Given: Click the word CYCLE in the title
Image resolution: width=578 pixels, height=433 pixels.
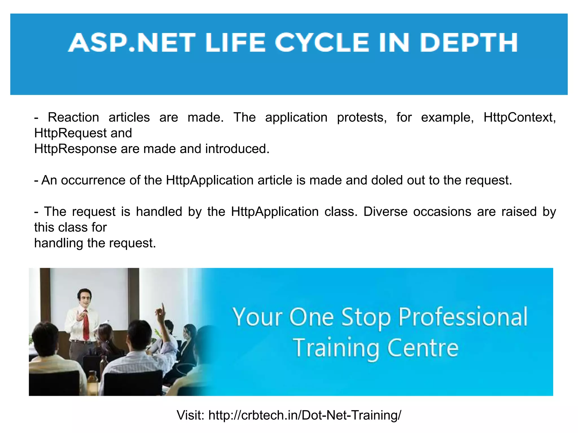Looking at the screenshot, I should pyautogui.click(x=322, y=43).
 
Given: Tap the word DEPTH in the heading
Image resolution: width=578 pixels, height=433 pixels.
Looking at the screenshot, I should pyautogui.click(x=469, y=43).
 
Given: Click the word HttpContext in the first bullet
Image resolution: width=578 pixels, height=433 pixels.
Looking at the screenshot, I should pyautogui.click(x=520, y=118).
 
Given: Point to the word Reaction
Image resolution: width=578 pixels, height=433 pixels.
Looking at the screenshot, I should pyautogui.click(x=73, y=118).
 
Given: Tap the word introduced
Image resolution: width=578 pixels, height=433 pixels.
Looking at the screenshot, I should pyautogui.click(x=237, y=149).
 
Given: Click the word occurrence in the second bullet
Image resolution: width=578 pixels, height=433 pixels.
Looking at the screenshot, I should pyautogui.click(x=93, y=180).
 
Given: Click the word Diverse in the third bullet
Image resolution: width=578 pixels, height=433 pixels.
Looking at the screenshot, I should pyautogui.click(x=385, y=212).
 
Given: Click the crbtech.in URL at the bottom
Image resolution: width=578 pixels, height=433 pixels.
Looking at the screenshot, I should pyautogui.click(x=305, y=415).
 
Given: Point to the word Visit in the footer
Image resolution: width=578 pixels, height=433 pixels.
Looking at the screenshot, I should pyautogui.click(x=190, y=415).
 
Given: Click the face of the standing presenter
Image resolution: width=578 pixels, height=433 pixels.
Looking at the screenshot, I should pyautogui.click(x=84, y=297).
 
